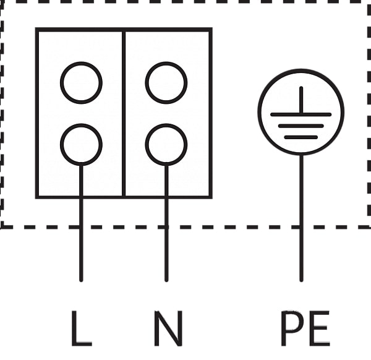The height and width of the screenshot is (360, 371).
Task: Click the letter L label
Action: click(80, 328)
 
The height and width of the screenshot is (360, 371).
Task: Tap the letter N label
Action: click(168, 328)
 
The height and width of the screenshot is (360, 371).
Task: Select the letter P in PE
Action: click(291, 328)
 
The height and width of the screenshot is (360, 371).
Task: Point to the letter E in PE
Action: click(318, 328)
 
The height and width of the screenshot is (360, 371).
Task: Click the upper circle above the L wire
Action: click(81, 82)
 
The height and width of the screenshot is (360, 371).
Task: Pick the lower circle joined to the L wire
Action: click(81, 144)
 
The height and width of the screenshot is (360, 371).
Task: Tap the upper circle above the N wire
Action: click(166, 82)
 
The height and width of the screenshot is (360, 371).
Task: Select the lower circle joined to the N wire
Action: click(166, 144)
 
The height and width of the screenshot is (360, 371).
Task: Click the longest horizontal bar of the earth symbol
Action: click(301, 114)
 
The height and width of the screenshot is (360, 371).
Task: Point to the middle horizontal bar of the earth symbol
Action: click(301, 126)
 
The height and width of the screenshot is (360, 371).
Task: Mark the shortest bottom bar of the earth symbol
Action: click(301, 136)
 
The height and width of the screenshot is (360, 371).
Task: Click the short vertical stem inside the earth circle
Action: click(301, 100)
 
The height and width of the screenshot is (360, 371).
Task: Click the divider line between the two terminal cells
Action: click(124, 111)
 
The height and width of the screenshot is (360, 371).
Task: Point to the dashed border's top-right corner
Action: click(369, 2)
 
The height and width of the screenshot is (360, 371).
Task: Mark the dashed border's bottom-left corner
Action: click(2, 226)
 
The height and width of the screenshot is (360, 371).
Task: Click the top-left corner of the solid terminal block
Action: click(37, 29)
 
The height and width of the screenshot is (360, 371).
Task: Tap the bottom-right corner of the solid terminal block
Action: click(211, 197)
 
